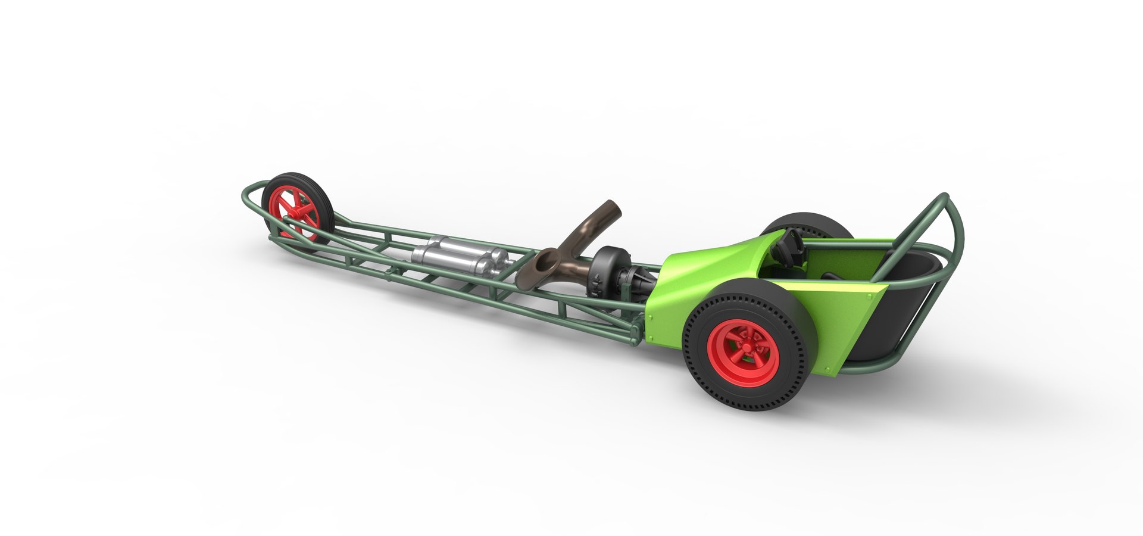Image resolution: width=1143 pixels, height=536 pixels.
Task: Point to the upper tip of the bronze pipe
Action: click(611, 208)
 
